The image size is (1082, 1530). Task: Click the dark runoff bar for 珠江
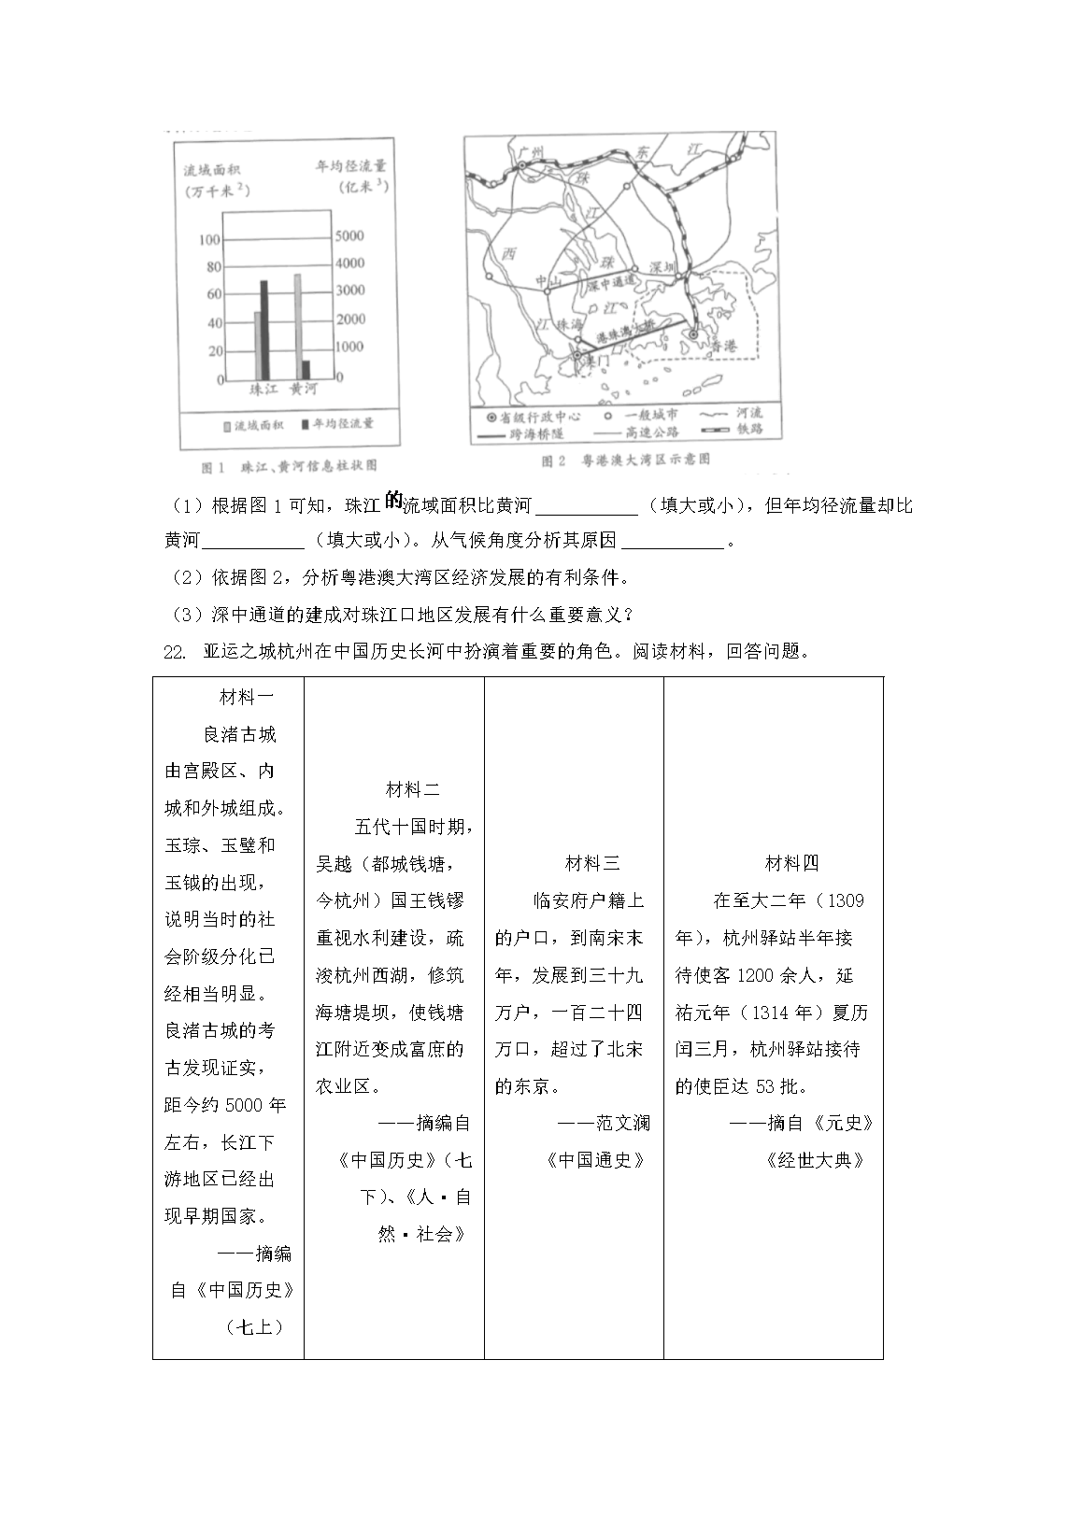point(263,330)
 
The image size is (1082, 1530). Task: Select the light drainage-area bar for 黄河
point(297,326)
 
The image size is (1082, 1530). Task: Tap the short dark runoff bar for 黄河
point(306,370)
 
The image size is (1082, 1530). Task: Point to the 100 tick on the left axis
point(209,240)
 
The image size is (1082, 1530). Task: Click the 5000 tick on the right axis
point(350,235)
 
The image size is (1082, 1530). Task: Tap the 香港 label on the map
point(724,346)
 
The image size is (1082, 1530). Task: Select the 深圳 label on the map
point(662,267)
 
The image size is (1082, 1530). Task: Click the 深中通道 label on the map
point(611,279)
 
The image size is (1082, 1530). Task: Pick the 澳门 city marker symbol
point(577,356)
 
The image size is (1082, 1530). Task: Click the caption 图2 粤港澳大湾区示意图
point(625,460)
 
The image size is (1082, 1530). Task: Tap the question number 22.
point(174,652)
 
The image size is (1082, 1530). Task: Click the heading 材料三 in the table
point(592,863)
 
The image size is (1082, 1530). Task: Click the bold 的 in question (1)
point(392,502)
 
